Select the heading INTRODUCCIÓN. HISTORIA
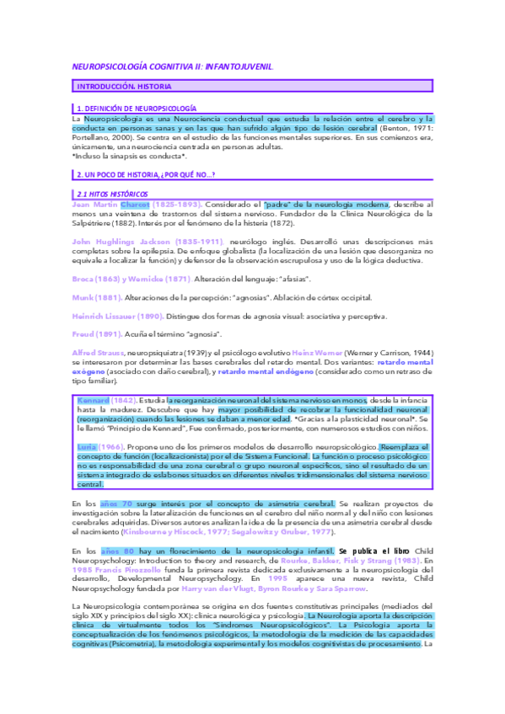121,87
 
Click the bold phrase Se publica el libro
374,550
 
